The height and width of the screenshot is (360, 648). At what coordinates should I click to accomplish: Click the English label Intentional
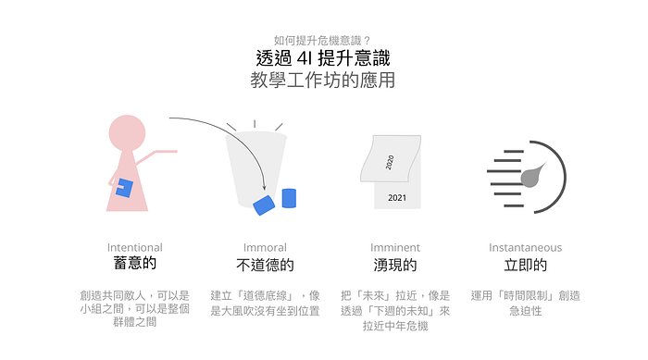tap(135, 247)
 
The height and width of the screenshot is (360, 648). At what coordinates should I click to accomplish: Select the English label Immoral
tap(265, 247)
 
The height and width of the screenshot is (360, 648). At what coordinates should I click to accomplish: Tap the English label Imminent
tap(395, 247)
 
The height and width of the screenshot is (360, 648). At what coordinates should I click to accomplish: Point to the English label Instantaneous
tap(525, 247)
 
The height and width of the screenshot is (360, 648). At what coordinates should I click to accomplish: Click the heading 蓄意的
tap(135, 263)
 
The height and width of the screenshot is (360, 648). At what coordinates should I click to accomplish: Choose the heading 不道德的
tap(265, 265)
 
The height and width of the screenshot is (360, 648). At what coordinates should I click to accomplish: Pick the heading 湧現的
tap(395, 265)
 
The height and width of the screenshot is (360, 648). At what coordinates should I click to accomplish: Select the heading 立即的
tap(525, 265)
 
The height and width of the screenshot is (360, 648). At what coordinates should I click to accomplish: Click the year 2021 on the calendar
tap(397, 198)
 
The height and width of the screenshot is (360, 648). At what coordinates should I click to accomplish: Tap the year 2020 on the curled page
tap(390, 162)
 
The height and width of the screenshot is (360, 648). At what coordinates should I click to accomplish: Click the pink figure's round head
tap(127, 132)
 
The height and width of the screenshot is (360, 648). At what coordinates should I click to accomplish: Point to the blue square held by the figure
tap(124, 188)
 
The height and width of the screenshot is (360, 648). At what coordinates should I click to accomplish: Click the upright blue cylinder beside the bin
tap(289, 198)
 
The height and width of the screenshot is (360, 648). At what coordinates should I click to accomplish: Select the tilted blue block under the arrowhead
tap(264, 205)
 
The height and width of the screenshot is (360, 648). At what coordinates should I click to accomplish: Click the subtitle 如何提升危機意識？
tap(322, 41)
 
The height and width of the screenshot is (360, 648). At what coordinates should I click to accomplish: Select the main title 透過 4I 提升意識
tap(323, 58)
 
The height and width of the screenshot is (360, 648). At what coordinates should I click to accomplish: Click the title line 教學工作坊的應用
tap(323, 80)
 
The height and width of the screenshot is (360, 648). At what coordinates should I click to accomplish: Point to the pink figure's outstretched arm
tap(156, 155)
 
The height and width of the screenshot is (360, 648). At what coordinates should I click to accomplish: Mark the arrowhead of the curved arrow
tap(265, 188)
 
